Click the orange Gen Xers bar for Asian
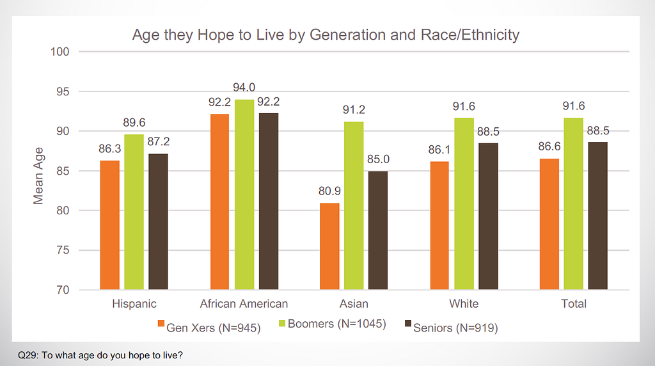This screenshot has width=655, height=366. click(x=329, y=246)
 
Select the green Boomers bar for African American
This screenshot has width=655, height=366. click(x=244, y=195)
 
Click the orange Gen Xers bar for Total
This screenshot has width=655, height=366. click(x=549, y=224)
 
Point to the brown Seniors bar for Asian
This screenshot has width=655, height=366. click(x=378, y=230)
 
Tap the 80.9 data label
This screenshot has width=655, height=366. click(x=330, y=191)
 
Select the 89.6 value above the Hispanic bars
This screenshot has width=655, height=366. click(x=134, y=122)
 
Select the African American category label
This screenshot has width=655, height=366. click(x=244, y=303)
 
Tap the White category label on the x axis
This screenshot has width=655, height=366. click(x=464, y=303)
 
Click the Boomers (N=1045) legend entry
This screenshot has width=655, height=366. click(x=336, y=324)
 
